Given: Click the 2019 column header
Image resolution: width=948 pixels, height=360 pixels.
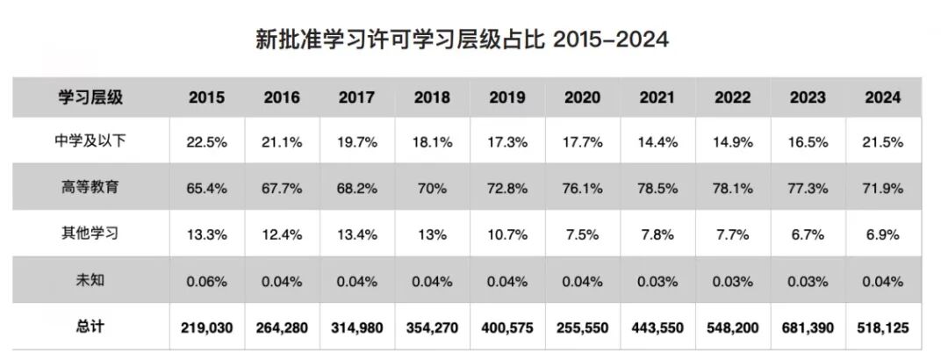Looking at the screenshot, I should click(x=508, y=97).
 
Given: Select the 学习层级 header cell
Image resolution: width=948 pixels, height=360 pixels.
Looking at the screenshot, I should click(x=90, y=97).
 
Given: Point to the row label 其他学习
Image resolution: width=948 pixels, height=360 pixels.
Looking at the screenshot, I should click(x=90, y=235).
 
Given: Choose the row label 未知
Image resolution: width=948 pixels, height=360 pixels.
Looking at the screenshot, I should click(x=90, y=281).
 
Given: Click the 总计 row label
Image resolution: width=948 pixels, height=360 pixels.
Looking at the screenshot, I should click(x=90, y=327).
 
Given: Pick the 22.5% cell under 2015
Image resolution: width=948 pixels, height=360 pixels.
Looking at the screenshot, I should click(x=207, y=143).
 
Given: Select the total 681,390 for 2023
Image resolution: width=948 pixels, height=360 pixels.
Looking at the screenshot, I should click(x=808, y=327).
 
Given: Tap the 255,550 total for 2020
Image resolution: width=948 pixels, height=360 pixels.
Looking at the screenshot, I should click(x=583, y=327).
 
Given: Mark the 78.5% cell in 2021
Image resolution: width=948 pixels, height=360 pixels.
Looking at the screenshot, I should click(x=658, y=189).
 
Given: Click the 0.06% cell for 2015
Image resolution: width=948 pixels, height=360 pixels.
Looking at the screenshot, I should click(x=207, y=281).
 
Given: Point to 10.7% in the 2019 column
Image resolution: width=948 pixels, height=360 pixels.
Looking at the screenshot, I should click(x=508, y=235).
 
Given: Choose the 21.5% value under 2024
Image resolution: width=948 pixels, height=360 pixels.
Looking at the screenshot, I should click(x=882, y=143).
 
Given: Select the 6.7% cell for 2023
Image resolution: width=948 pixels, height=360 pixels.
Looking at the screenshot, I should click(x=808, y=235).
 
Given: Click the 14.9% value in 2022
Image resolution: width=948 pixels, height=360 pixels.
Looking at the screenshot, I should click(x=733, y=143).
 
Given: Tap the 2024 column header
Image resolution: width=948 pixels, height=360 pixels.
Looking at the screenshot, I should click(x=882, y=97).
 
